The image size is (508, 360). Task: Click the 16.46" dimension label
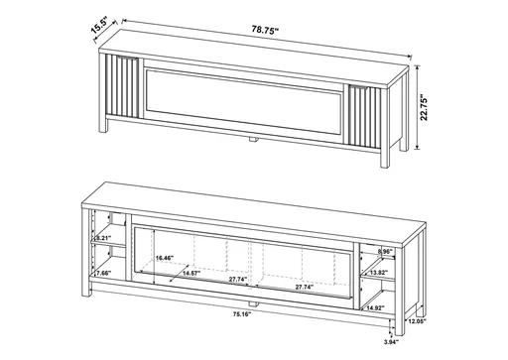coord(165,258)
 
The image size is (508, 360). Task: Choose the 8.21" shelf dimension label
coord(102,239)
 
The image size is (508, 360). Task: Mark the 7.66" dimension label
coord(101,273)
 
